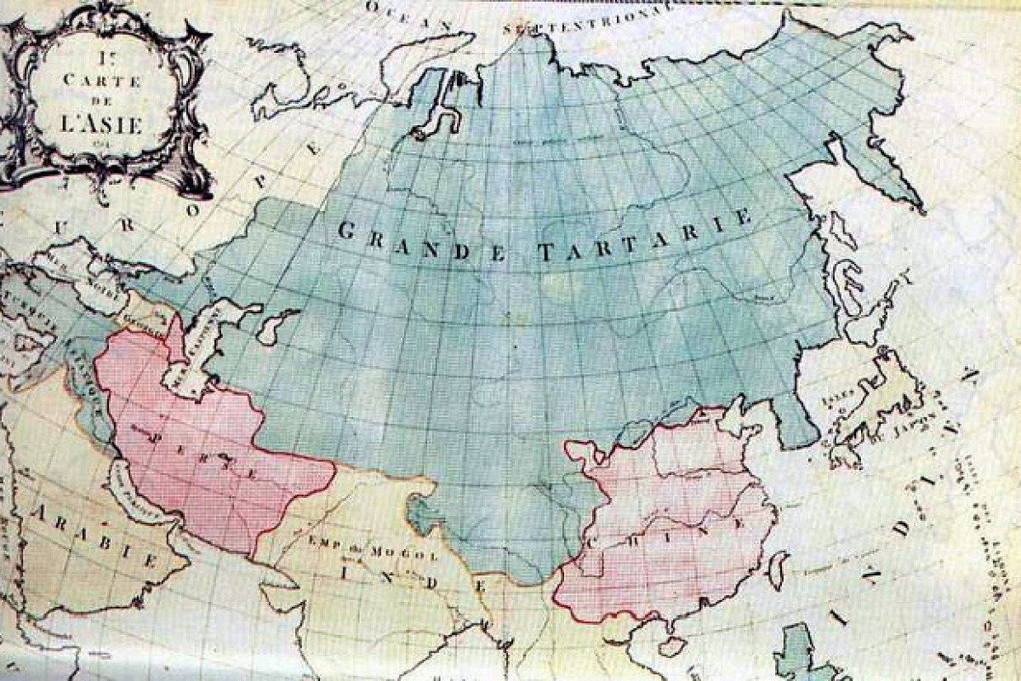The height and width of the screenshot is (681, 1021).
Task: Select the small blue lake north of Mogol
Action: tap(419, 511)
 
